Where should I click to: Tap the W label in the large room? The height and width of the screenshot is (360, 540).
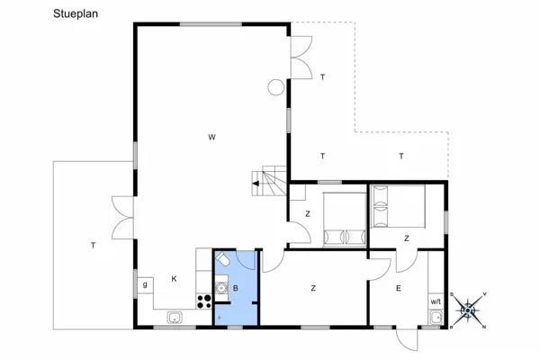click(x=211, y=137)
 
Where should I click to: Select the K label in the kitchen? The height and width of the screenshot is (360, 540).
click(x=174, y=279)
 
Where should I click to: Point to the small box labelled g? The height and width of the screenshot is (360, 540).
click(x=144, y=285)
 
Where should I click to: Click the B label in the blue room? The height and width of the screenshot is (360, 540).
click(x=235, y=288)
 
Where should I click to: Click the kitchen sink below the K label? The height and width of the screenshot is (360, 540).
click(x=174, y=317)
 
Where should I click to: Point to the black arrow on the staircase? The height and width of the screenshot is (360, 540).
click(x=256, y=184)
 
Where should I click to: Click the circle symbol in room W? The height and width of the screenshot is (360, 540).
click(x=274, y=87)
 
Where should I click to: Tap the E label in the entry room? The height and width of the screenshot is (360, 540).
click(x=398, y=288)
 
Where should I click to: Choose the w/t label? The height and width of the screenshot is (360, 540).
click(x=436, y=301)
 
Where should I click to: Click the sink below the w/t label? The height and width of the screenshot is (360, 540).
click(x=436, y=317)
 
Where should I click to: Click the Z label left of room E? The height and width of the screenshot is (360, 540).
click(x=313, y=288)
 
